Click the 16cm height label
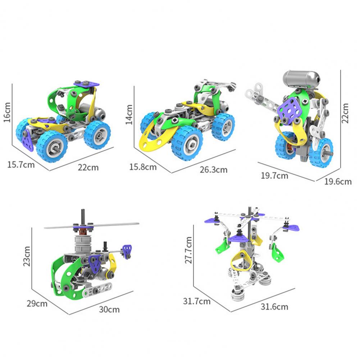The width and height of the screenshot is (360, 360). click(7, 112)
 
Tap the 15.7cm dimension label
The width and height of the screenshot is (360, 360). click(21, 165)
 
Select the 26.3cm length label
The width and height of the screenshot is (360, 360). click(214, 170)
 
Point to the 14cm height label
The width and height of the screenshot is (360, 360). click(129, 114)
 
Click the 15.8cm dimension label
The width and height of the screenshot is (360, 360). click(143, 167)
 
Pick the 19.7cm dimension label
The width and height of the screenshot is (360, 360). click(274, 176)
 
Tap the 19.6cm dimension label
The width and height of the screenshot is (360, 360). click(338, 182)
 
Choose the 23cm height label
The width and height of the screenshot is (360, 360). click(27, 256)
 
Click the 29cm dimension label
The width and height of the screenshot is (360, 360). click(37, 304)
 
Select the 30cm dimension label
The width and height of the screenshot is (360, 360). click(109, 310)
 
